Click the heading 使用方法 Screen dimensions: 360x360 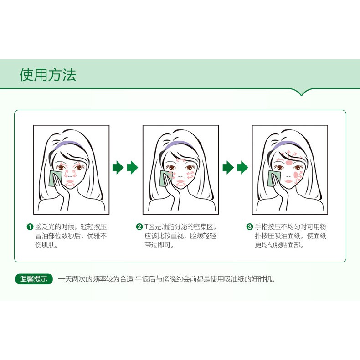pyautogui.click(x=48, y=75)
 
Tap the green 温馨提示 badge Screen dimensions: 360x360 pyautogui.click(x=34, y=279)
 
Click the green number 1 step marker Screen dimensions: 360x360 pyautogui.click(x=30, y=227)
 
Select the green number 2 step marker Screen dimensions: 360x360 pyautogui.click(x=139, y=227)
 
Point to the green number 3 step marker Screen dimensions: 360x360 pyautogui.click(x=250, y=227)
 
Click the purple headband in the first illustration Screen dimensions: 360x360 pyautogui.click(x=68, y=144)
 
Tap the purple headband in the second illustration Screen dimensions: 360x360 pyautogui.click(x=177, y=144)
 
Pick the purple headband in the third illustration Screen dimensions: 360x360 pyautogui.click(x=286, y=144)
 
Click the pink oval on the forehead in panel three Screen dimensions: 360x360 pyautogui.click(x=289, y=163)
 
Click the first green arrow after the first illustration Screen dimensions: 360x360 pyautogui.click(x=118, y=167)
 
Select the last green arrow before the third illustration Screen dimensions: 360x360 pyautogui.click(x=243, y=167)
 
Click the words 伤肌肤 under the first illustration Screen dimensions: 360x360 pyautogui.click(x=46, y=245)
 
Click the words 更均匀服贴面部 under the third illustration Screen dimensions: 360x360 pyautogui.click(x=279, y=245)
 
